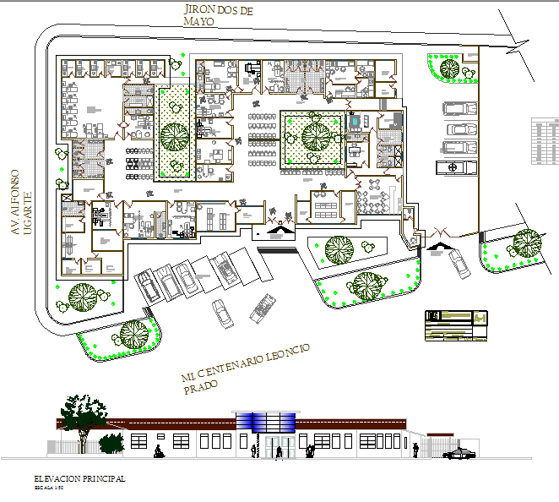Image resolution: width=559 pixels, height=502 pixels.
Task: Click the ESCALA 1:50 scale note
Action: tap(49, 488)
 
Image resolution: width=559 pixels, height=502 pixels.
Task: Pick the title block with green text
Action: tap(456, 325)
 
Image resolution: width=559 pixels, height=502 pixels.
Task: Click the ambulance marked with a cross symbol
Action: tap(457, 167)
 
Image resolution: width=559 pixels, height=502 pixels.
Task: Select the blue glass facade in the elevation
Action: tap(267, 421)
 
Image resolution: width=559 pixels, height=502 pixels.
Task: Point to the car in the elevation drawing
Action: tap(459, 454)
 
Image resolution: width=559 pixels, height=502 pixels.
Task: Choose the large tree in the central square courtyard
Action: tap(315, 134)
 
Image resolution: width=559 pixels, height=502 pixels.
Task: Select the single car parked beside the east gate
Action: tap(460, 263)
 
